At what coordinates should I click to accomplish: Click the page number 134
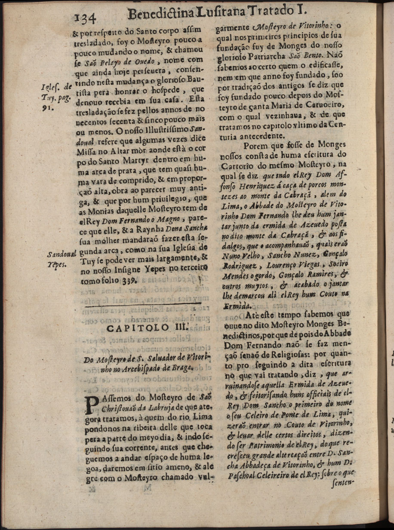pos(87,18)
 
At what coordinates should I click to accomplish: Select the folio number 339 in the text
pos(130,280)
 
